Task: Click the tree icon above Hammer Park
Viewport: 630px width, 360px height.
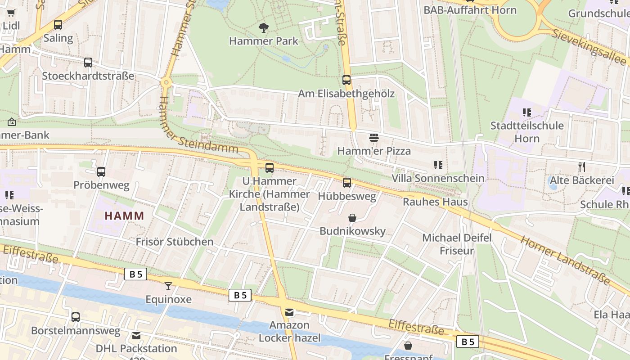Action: click(x=264, y=28)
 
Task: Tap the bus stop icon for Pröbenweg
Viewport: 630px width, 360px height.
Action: click(x=101, y=171)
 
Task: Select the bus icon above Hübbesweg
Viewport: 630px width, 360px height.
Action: click(x=346, y=182)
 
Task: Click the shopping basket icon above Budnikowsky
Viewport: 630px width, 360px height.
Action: click(x=352, y=218)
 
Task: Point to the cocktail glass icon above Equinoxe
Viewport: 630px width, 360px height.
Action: click(x=168, y=286)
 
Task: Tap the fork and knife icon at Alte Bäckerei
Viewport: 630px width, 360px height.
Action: click(x=582, y=167)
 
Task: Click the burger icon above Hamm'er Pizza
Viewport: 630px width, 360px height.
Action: click(x=374, y=137)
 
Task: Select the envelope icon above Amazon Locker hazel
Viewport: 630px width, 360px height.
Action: click(x=289, y=311)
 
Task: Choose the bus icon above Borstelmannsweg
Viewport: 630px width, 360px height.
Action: click(x=76, y=317)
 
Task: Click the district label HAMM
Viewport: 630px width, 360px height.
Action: click(x=125, y=216)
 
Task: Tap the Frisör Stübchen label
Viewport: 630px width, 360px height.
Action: click(x=175, y=242)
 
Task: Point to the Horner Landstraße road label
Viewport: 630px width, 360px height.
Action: click(x=565, y=260)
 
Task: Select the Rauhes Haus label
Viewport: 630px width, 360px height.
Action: click(x=435, y=202)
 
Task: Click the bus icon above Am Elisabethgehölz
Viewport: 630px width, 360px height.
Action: click(x=346, y=80)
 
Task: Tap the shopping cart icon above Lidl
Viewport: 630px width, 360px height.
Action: click(x=11, y=13)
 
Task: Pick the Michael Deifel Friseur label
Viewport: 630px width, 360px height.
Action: click(x=457, y=244)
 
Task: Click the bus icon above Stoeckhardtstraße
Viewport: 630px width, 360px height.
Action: click(x=88, y=63)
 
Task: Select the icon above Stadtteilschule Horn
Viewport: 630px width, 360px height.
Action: click(x=526, y=112)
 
